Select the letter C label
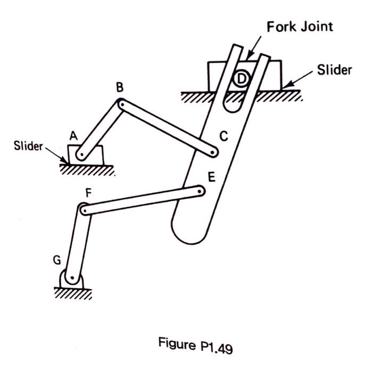224,137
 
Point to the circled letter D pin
242,79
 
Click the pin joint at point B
121,104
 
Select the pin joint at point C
213,152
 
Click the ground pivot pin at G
71,277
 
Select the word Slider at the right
334,70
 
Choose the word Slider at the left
28,146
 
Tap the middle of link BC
167,128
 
